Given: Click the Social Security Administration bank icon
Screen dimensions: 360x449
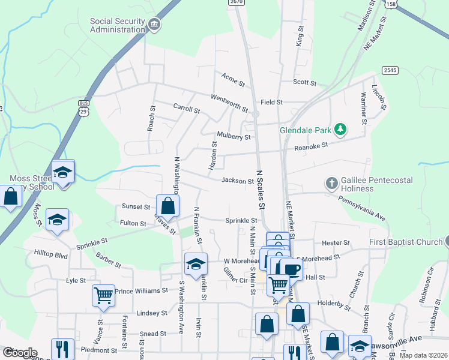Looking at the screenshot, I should (154, 25).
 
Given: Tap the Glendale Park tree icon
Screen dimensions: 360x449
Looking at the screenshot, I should (340, 130).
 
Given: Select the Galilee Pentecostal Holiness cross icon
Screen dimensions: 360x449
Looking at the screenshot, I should (331, 182).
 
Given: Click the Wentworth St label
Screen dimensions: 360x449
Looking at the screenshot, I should (229, 103).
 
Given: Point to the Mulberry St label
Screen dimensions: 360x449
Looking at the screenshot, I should (234, 137).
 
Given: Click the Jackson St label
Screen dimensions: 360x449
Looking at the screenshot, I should (238, 181).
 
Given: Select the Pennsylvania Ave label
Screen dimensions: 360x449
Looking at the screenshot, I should (370, 207).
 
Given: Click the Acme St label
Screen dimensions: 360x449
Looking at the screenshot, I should (233, 79).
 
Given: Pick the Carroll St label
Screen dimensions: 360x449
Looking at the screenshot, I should (186, 109).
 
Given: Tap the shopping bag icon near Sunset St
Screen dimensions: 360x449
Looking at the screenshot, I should (168, 206).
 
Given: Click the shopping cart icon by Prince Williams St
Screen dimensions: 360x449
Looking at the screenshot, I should (103, 295).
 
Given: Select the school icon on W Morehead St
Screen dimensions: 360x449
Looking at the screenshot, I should (196, 264).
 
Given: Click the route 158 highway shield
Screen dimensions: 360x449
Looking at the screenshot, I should (391, 4).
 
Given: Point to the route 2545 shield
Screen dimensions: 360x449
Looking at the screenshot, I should (390, 70).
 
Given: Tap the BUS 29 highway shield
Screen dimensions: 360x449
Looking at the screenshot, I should (83, 107).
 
